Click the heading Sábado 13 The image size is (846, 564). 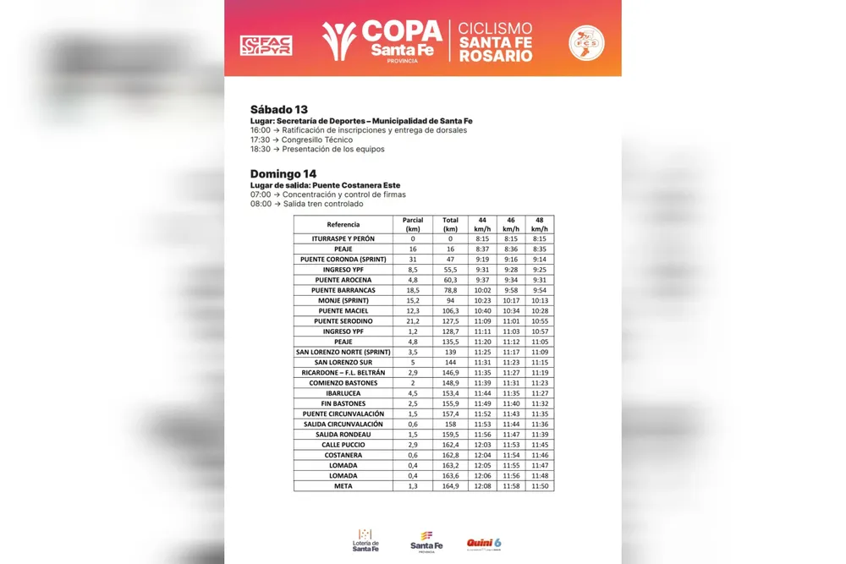(278, 110)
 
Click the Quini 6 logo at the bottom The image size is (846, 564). (484, 543)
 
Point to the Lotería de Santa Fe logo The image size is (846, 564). (365, 541)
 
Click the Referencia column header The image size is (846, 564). (343, 224)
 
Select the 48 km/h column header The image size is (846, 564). (539, 224)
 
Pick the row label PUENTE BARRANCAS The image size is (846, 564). (343, 290)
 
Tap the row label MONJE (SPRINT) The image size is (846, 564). (343, 300)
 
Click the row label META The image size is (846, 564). (343, 486)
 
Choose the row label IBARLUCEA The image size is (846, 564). (343, 393)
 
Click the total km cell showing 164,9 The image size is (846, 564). (450, 486)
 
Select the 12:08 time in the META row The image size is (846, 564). (482, 486)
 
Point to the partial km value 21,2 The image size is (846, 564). (413, 321)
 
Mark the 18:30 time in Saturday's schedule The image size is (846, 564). (260, 150)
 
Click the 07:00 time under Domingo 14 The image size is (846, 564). (260, 194)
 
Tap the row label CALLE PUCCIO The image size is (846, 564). (343, 445)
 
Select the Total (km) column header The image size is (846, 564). (450, 224)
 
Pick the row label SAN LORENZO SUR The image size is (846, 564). (343, 362)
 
